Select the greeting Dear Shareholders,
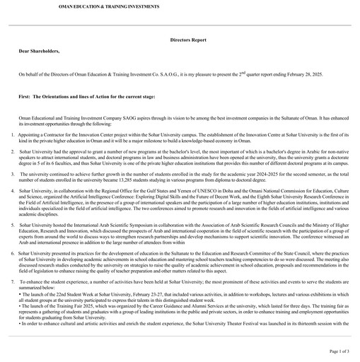[x=39, y=52]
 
